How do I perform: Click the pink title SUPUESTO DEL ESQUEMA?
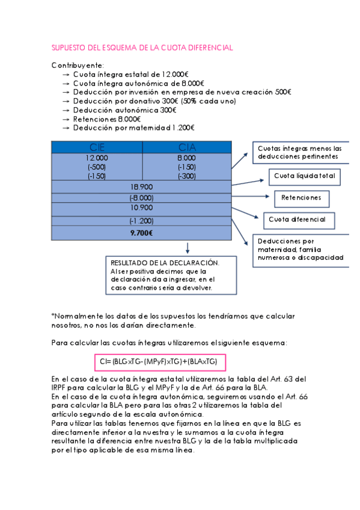(142, 48)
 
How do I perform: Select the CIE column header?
(97, 147)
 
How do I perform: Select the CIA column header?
(187, 147)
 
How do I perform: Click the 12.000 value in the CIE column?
(97, 158)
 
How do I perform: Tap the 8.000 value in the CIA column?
(187, 158)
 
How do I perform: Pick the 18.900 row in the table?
(142, 187)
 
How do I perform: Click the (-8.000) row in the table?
(142, 197)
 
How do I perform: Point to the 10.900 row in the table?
(142, 207)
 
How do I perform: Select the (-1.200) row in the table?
(142, 220)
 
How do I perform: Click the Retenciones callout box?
(302, 197)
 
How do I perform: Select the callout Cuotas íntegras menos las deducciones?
(299, 153)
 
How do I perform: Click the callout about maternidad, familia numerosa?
(299, 248)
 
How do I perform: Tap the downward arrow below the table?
(188, 247)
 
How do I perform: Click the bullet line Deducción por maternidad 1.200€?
(134, 127)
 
